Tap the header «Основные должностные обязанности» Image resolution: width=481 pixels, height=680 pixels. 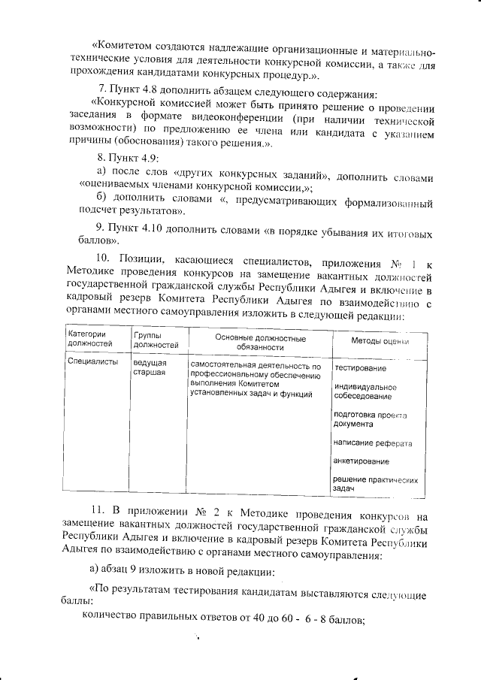coord(260,343)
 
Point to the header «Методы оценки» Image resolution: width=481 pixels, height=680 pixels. coord(380,340)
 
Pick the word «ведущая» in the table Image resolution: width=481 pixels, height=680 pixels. coord(150,362)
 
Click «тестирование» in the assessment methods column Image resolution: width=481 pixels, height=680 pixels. coord(361,368)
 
